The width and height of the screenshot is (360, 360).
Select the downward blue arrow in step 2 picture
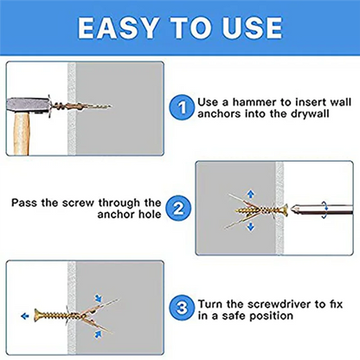[252, 227]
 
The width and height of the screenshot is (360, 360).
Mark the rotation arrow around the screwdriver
[323, 208]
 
